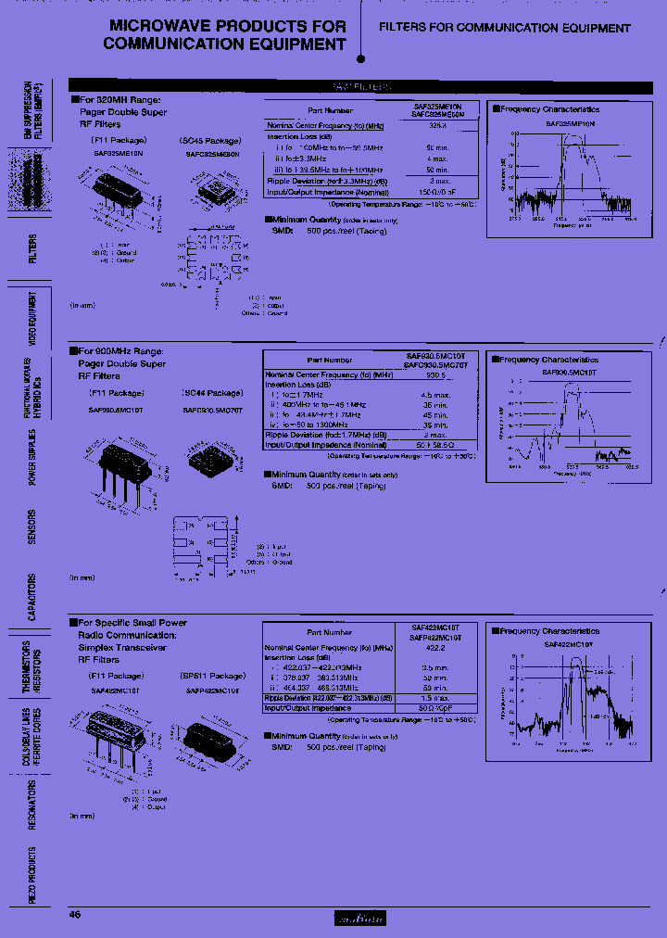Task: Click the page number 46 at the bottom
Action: [x=76, y=914]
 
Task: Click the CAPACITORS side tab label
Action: [x=31, y=597]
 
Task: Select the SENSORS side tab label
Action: [x=31, y=526]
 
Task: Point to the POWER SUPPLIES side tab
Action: [x=31, y=457]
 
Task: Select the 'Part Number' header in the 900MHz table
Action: [x=330, y=361]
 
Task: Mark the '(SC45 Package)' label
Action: [x=210, y=141]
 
